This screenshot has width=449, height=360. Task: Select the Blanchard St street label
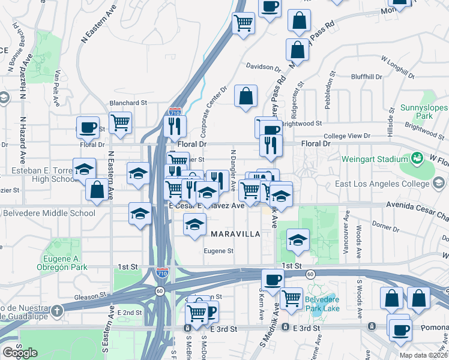128,103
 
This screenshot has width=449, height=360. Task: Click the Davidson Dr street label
264,68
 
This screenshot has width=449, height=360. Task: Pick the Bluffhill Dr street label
367,77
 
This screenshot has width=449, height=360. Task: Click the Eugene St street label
218,251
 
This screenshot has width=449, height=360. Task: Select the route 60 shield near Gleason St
159,291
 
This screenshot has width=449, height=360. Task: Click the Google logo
20,353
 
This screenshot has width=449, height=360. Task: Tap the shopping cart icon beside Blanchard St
121,122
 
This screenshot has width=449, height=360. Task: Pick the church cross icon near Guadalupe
56,311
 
